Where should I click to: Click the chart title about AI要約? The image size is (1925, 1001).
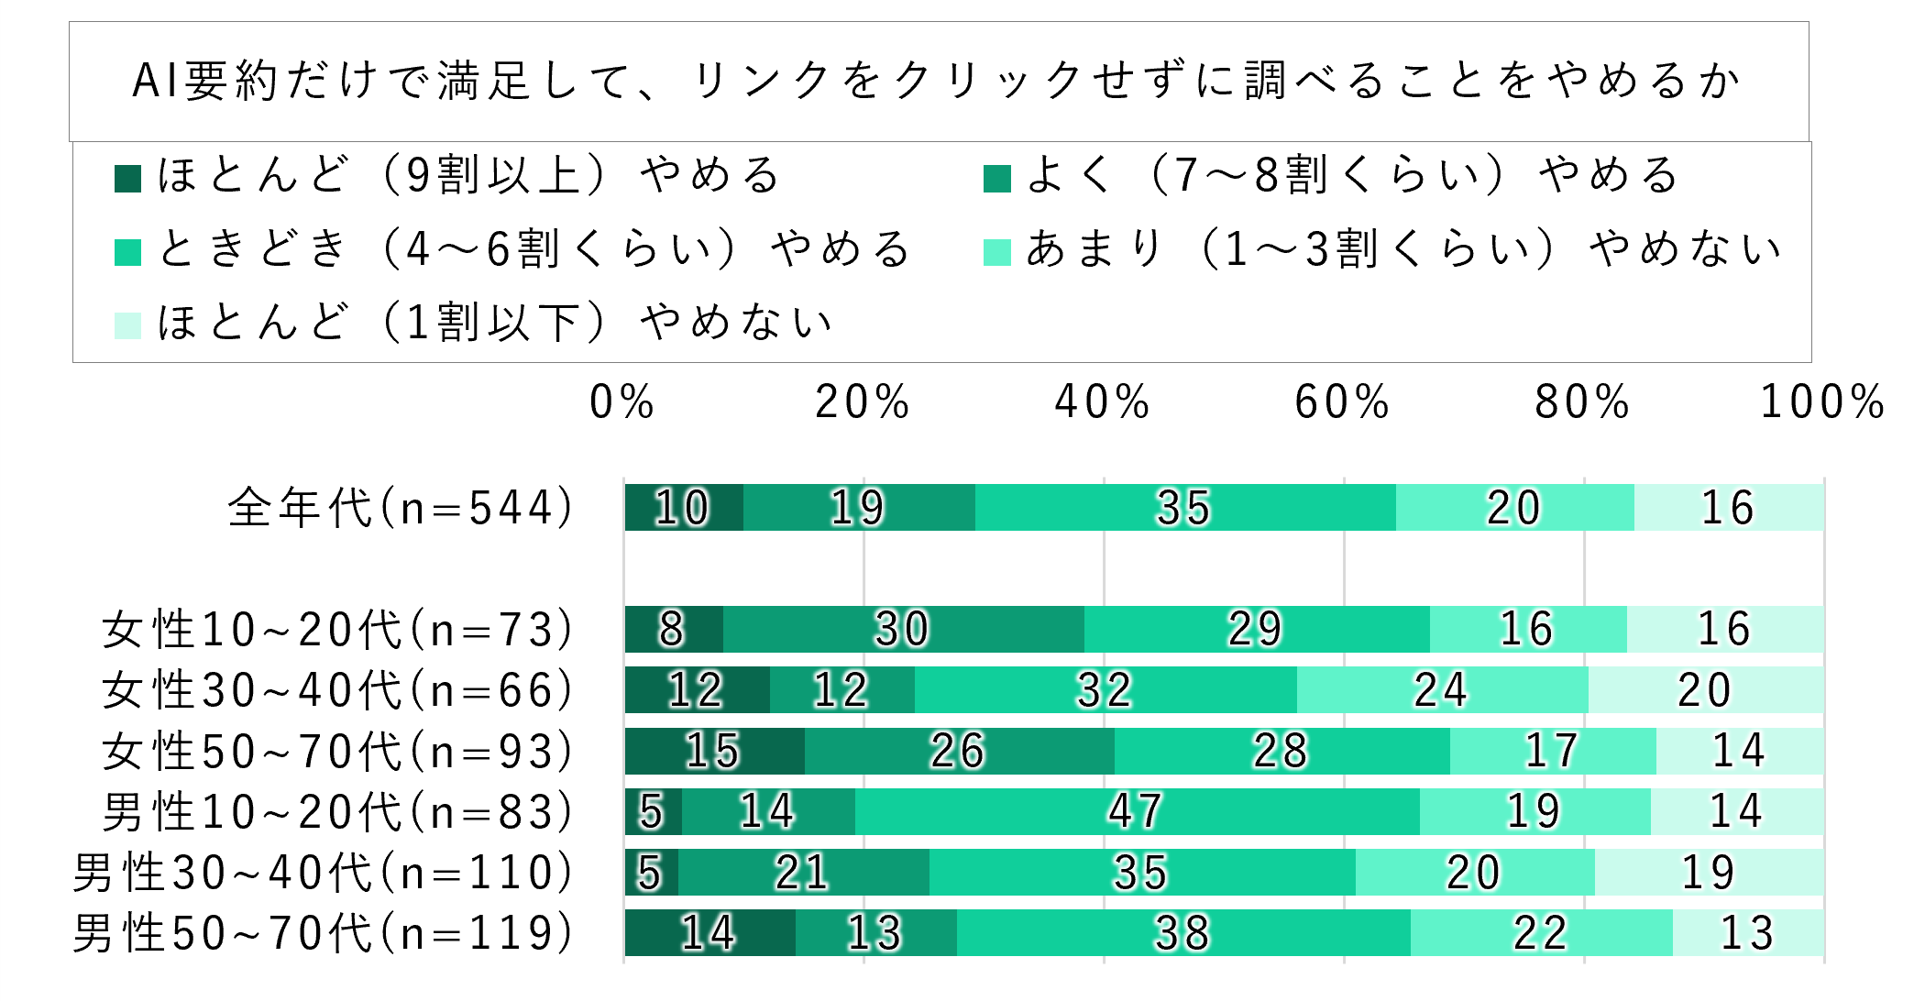click(937, 81)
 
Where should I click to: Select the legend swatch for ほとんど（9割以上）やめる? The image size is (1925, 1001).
click(127, 178)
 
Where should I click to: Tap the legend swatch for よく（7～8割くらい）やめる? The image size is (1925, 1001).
click(996, 178)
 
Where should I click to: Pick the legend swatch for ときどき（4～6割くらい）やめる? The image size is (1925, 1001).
click(127, 252)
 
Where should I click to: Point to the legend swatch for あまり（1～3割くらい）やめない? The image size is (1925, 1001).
click(996, 252)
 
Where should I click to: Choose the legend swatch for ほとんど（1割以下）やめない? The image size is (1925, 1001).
click(127, 325)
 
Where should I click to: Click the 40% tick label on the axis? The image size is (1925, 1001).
click(1102, 402)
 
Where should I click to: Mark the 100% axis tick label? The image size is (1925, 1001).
click(1822, 402)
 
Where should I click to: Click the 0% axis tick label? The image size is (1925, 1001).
click(622, 402)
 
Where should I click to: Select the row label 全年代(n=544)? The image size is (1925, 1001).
click(401, 508)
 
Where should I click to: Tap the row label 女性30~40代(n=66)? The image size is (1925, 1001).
click(337, 690)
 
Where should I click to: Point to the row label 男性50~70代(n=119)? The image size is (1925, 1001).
click(323, 933)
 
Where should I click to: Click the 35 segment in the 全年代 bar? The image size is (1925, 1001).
click(1184, 508)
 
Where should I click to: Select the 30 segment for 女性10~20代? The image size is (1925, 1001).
click(903, 630)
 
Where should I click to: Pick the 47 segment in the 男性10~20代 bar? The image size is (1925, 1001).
click(1137, 812)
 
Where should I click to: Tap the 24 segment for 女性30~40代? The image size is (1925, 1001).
click(1442, 690)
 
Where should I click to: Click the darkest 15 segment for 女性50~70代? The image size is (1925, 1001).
click(714, 752)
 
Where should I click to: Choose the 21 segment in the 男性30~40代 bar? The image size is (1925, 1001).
click(803, 873)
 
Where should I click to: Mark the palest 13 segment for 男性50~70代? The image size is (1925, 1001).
click(1747, 933)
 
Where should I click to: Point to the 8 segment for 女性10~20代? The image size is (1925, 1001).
click(673, 630)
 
